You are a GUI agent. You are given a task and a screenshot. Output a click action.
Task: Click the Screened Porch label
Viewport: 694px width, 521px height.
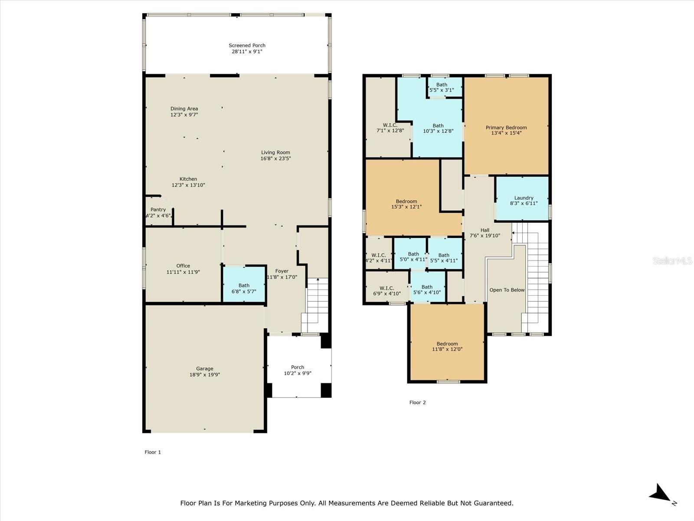coord(247,46)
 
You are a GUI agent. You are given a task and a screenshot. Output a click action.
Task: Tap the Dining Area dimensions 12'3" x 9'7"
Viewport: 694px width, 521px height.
coord(184,115)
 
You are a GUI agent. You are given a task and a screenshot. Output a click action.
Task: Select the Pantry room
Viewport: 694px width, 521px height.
coord(159,211)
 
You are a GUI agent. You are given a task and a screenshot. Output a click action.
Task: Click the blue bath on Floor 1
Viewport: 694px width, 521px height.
coord(244,284)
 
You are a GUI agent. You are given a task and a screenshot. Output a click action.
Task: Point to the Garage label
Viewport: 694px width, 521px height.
coord(205,369)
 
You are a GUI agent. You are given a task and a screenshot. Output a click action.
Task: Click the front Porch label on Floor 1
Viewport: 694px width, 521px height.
coord(298,367)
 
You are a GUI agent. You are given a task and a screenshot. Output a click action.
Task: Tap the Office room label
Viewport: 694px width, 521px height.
coord(183,266)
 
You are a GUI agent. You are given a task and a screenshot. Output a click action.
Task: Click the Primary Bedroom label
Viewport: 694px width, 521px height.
coord(506,128)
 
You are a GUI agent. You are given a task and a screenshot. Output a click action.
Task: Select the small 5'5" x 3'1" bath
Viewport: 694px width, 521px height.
coord(445,87)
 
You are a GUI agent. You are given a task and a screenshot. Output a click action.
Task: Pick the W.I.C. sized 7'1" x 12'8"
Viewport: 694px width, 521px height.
coord(388,117)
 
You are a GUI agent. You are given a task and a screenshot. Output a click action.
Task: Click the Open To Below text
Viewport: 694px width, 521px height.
coord(507,290)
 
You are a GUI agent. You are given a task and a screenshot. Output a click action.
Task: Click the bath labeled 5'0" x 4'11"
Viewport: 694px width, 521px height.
coord(410,254)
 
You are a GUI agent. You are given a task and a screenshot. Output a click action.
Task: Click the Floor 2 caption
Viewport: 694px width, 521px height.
coord(417,402)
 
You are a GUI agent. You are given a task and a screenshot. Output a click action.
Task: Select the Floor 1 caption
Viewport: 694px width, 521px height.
coord(153,452)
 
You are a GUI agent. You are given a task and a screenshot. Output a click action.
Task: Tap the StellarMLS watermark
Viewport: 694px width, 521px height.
coord(672,260)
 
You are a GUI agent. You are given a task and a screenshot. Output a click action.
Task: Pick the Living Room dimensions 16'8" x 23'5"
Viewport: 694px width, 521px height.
coord(275,158)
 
